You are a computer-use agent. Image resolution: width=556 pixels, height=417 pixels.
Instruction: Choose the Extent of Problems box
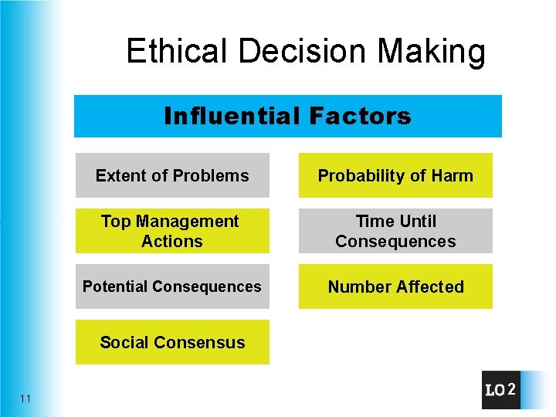tap(172, 175)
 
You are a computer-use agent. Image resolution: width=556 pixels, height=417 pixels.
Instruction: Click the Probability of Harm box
tap(395, 175)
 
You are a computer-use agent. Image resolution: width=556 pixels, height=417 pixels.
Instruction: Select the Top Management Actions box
tap(172, 231)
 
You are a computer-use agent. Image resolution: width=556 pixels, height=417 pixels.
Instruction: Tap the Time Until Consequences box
tap(395, 231)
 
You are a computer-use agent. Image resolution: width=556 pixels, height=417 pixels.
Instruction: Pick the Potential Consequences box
tap(172, 286)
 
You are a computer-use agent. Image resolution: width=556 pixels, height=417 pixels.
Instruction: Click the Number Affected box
tap(395, 286)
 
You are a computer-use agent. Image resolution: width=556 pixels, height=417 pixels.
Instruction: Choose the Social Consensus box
tap(172, 342)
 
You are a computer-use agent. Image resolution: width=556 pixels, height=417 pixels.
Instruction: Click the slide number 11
tap(26, 398)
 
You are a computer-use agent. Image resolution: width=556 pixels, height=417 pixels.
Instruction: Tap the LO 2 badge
tap(501, 390)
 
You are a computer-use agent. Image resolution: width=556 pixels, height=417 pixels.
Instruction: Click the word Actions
tap(171, 241)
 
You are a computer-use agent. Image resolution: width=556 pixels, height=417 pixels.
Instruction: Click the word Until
tap(417, 222)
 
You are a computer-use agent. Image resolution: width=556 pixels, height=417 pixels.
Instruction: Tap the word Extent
tap(120, 175)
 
